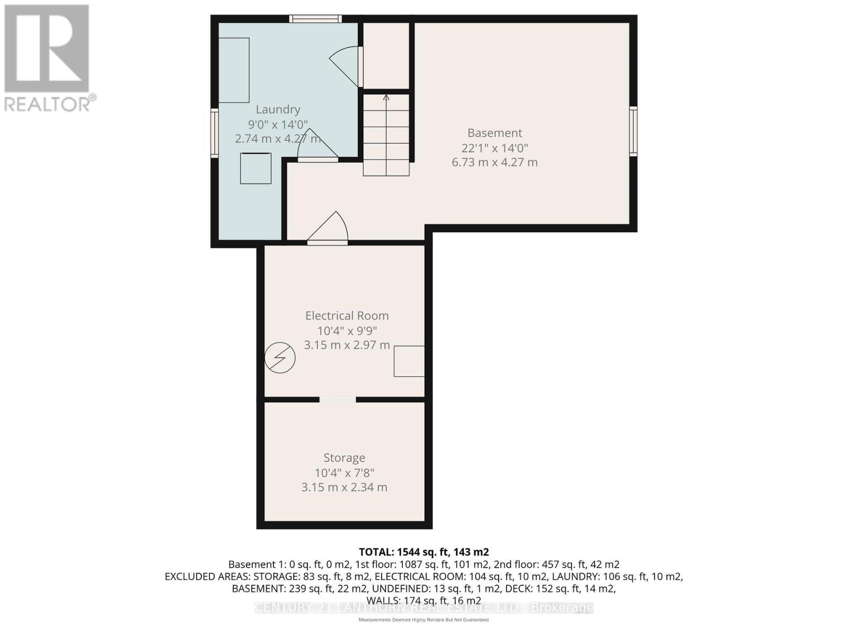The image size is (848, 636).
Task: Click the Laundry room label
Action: pos(278,109)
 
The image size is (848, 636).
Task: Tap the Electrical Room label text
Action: pos(347,315)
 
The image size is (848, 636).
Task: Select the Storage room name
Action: pos(344,457)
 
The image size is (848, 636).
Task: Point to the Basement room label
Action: pos(494,133)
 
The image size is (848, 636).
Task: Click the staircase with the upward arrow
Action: pos(386,135)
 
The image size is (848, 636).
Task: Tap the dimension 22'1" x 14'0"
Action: pos(494,148)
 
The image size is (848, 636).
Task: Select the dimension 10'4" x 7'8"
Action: pos(344,473)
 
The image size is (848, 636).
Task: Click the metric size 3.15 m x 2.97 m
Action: pos(347,345)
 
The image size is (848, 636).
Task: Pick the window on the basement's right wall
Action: pos(633,131)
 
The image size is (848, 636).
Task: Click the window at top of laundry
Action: pos(315,19)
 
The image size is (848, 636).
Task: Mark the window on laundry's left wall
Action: pos(214,132)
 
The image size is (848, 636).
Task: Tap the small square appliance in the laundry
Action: pos(256,169)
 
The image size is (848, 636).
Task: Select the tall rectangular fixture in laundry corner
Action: pos(234,70)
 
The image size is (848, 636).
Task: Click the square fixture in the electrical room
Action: pos(409,361)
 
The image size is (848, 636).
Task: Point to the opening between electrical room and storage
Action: pos(338,400)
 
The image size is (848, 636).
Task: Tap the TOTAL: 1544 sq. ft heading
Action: pos(423,552)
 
